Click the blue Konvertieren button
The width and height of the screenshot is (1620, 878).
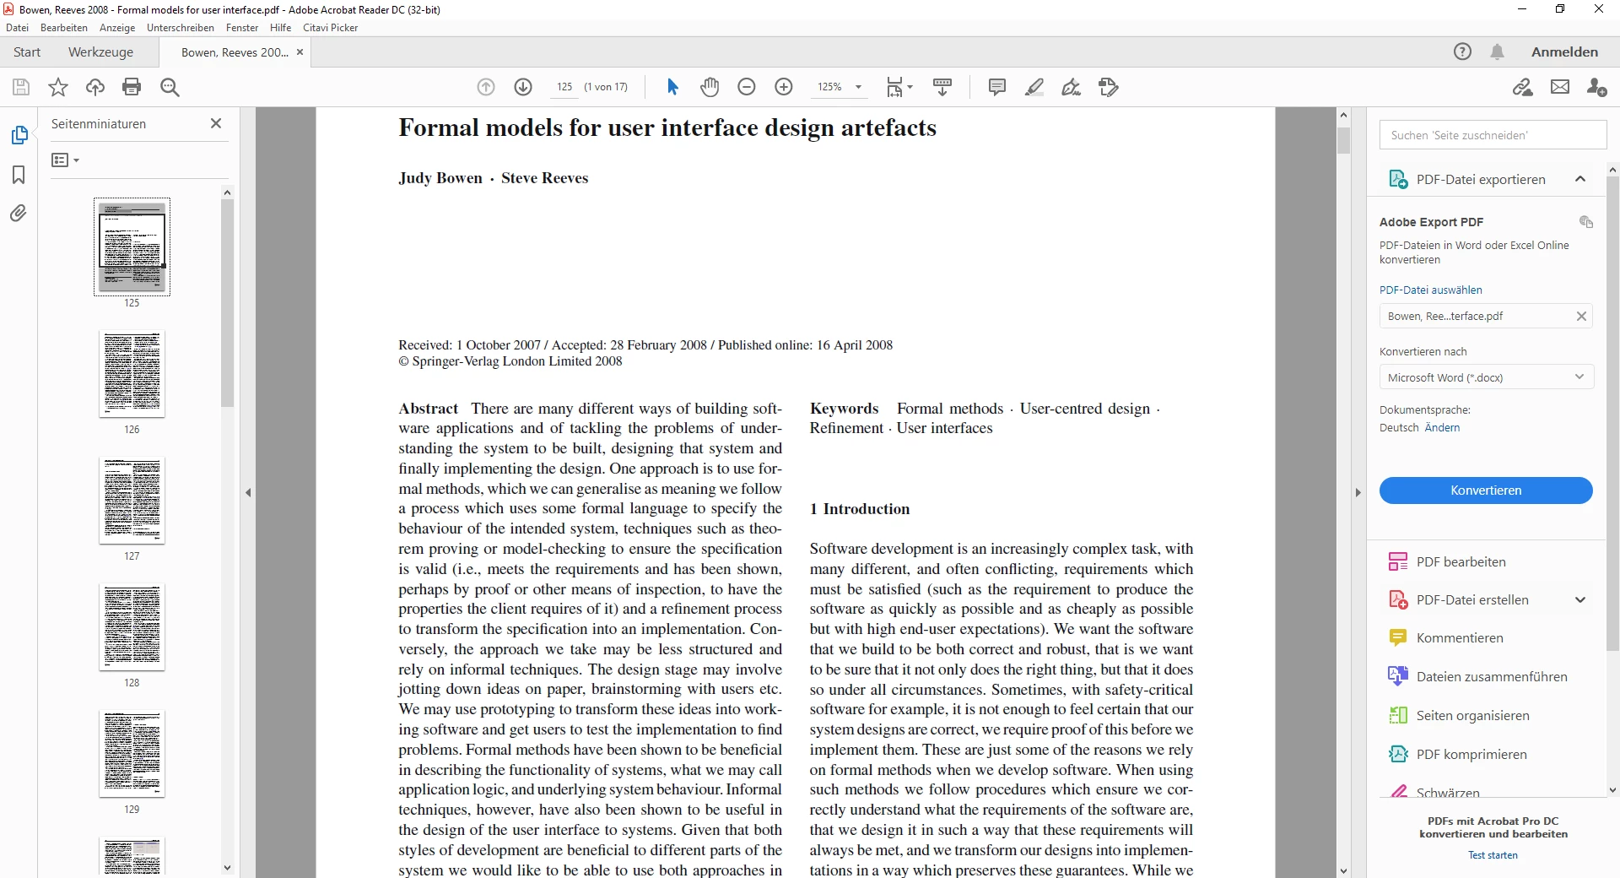[1485, 490]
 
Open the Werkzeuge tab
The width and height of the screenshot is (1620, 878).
[100, 52]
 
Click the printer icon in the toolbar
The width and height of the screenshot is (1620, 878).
[132, 87]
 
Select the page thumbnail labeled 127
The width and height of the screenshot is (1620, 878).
[132, 500]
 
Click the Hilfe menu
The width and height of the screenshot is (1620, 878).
[280, 28]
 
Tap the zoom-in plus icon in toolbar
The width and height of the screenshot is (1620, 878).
[783, 87]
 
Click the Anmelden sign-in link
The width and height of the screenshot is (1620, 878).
[1564, 52]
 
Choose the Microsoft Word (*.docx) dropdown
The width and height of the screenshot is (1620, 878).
[1485, 377]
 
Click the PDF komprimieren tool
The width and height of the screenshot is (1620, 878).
[1471, 755]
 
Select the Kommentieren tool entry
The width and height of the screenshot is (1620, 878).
[1459, 638]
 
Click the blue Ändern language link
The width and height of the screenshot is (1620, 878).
[1442, 428]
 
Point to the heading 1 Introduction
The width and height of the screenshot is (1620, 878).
[859, 509]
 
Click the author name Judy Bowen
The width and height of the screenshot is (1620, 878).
[440, 178]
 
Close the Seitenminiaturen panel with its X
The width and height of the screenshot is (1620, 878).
[216, 123]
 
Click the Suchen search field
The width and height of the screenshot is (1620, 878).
[1492, 135]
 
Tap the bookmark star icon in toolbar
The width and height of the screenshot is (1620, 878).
[58, 87]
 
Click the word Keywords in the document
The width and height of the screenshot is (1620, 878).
[844, 409]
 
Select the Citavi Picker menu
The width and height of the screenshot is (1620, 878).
[330, 28]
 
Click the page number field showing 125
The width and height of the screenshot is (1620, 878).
[564, 87]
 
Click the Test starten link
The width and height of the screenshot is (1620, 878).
[1492, 855]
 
